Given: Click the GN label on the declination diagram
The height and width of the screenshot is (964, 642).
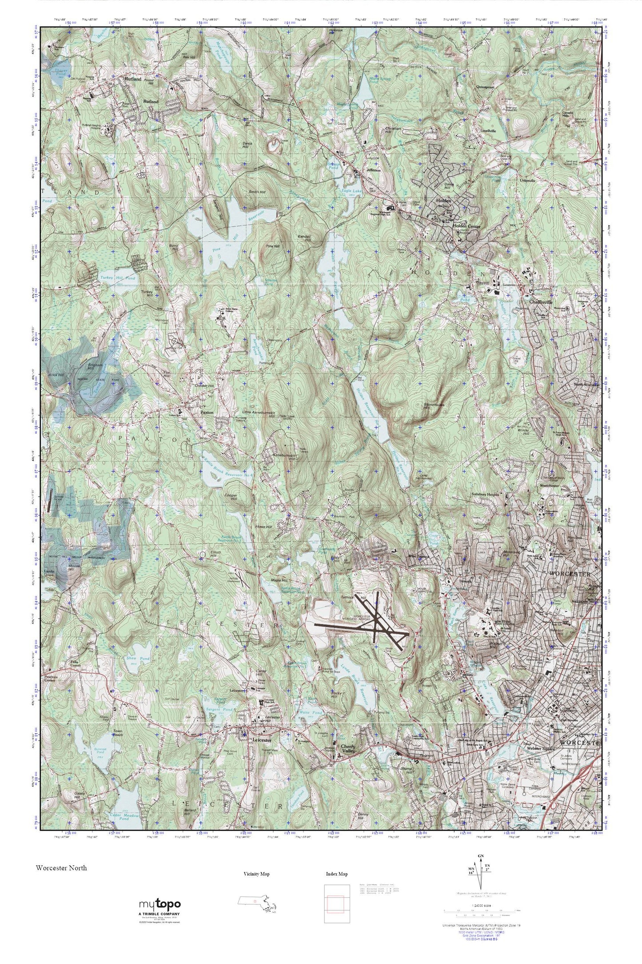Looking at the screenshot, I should pos(480,855).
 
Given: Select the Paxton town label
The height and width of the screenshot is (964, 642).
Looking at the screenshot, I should pos(207,413).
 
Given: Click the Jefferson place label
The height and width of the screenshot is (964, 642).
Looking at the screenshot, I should pos(373,170).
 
